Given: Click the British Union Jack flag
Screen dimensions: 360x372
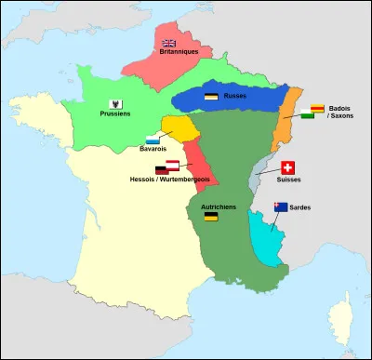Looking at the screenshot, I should coord(169,43).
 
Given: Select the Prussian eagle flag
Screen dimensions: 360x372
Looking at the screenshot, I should coord(114,102).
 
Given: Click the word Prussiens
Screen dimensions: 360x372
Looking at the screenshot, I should coord(114,113).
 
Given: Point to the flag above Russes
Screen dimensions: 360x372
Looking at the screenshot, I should coord(211,96).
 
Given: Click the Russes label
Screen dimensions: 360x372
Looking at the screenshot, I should coord(233,96).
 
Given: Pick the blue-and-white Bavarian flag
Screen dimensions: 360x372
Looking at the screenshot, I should coord(153,140).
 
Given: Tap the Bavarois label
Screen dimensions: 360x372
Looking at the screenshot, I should coord(154,150).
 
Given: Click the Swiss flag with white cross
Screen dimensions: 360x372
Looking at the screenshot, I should coord(288,168).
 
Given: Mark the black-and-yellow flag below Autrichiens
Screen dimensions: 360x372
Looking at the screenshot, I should coord(211,217).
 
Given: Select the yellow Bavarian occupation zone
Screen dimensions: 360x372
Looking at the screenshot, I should coord(179,127).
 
